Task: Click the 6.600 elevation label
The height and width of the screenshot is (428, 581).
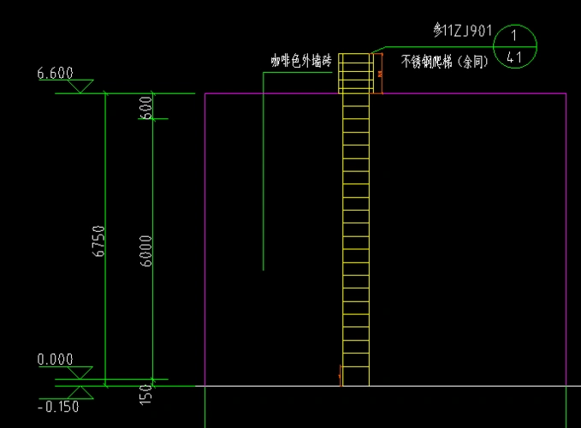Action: tap(56, 74)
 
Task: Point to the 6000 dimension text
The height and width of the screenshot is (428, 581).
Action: tap(146, 251)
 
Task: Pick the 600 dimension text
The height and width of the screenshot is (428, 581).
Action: tap(146, 107)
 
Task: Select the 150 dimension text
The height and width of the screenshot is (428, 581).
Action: tap(146, 394)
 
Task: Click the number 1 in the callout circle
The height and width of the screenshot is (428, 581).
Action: tap(514, 37)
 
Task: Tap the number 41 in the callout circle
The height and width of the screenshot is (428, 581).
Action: tap(514, 57)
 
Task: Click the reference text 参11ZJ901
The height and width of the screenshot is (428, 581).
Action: tap(463, 32)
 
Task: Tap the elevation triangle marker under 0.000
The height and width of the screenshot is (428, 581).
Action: tap(81, 372)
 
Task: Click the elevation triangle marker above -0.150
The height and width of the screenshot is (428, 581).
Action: tap(81, 393)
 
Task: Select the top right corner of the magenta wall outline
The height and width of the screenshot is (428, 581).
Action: tap(566, 94)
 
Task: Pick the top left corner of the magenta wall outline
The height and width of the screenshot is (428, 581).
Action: tap(205, 94)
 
